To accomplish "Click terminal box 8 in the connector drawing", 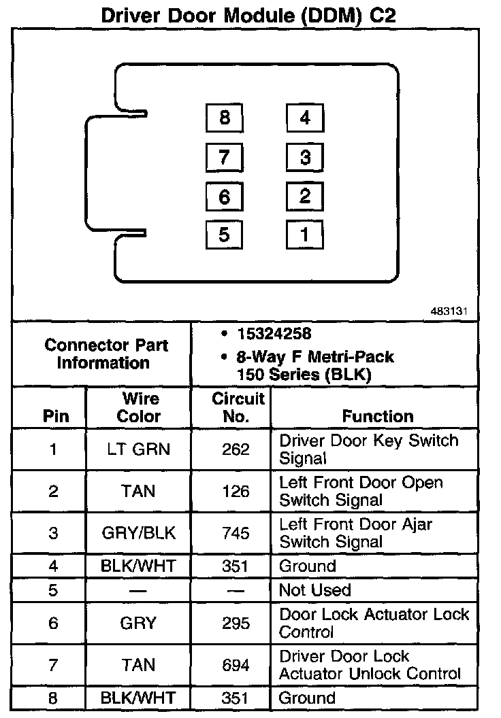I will tap(225, 118).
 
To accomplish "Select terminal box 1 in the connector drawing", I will tap(304, 235).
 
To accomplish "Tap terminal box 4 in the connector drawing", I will tap(304, 118).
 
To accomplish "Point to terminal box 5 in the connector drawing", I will tap(225, 235).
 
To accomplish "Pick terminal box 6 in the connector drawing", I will tap(225, 197).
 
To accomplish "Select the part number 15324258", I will tap(274, 334).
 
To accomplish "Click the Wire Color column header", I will tap(139, 407).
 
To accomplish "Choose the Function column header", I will tap(377, 416).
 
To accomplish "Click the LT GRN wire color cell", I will tap(139, 449).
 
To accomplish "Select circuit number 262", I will tap(236, 449).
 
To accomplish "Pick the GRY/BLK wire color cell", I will tap(139, 534).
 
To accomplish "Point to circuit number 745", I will tap(236, 534).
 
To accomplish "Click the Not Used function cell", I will tap(315, 590).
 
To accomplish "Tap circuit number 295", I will tap(236, 623).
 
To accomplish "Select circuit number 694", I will tap(236, 666).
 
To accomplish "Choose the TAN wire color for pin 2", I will tap(139, 492).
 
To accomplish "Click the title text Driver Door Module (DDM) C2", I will tap(248, 16).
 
